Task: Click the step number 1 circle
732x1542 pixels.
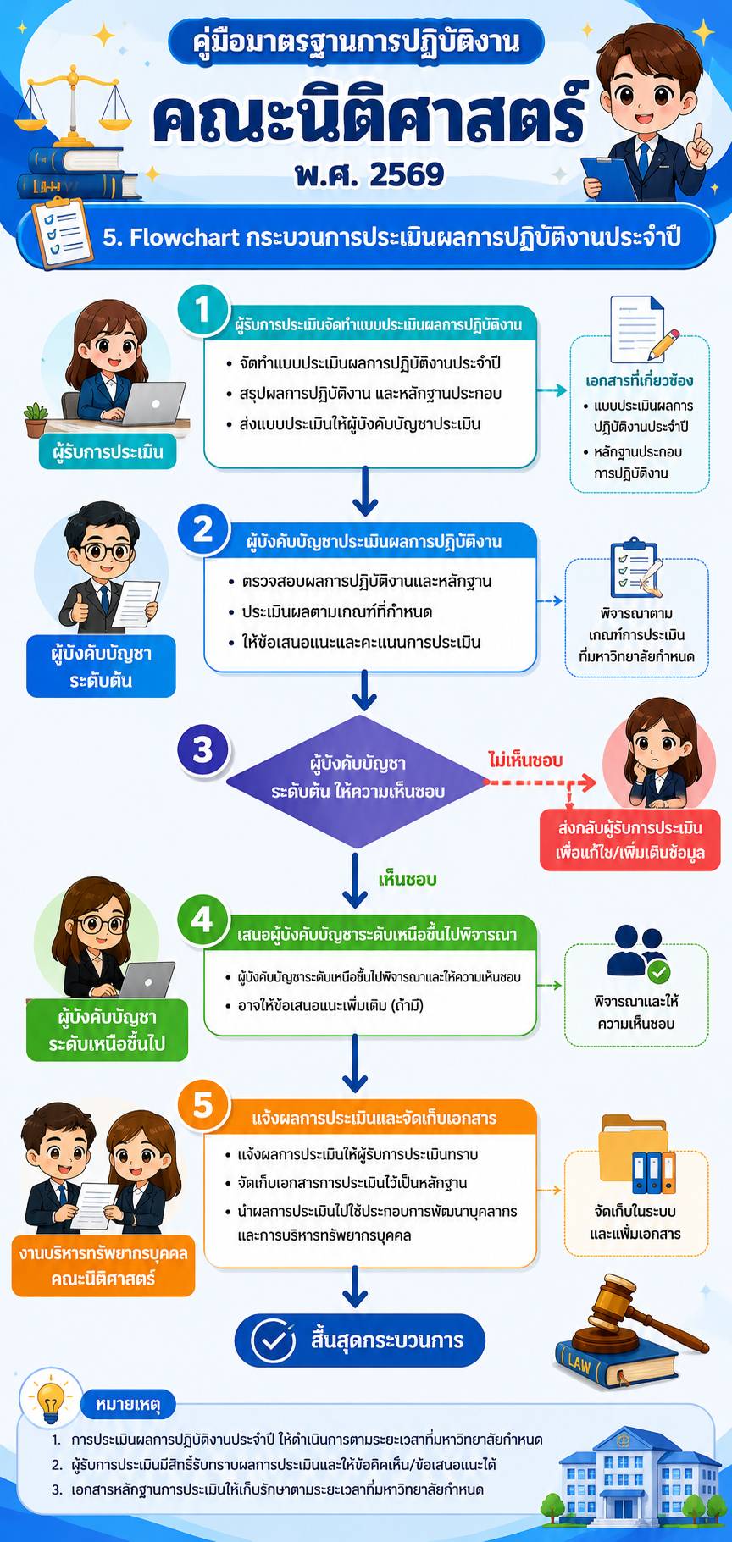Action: (202, 309)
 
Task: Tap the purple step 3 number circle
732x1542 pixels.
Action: (203, 749)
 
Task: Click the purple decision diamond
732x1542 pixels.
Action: (357, 781)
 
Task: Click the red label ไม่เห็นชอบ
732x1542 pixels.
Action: (525, 760)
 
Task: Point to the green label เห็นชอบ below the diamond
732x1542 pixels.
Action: (408, 880)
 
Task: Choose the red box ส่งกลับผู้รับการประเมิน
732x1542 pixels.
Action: (630, 839)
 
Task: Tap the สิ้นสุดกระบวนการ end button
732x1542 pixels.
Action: (360, 1340)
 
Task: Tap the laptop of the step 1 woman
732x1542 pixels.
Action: (153, 403)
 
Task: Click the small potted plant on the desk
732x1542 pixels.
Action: (36, 419)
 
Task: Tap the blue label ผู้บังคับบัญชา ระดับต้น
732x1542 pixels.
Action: (101, 666)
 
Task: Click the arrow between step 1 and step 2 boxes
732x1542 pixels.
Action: (365, 491)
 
